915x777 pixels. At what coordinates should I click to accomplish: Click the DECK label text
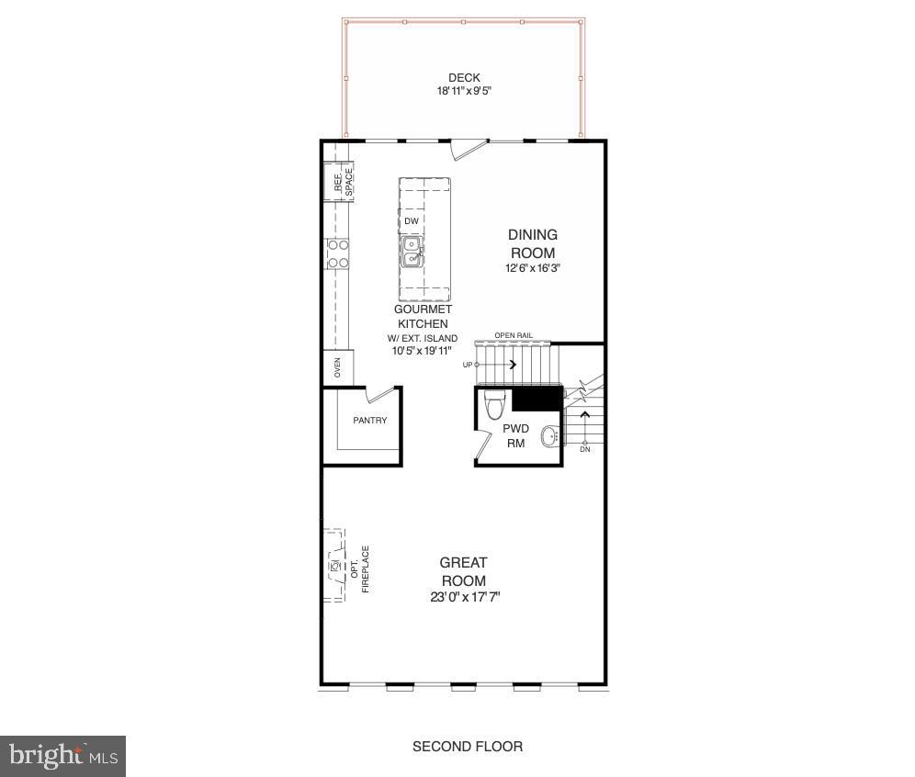464,78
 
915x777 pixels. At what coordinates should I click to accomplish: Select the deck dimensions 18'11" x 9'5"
464,91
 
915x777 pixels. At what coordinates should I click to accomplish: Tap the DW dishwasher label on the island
412,221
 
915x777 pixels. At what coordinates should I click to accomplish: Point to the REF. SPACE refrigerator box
342,182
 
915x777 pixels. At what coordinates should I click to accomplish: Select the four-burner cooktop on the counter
337,253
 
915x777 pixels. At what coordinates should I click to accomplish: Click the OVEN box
337,367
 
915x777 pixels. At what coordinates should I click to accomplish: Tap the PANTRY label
370,421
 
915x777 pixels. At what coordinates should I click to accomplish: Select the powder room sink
549,437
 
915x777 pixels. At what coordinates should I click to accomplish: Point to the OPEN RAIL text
514,335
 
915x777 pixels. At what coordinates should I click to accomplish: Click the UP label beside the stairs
468,365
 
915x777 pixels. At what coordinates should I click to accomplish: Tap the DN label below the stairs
585,449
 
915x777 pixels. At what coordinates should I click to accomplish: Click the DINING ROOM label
533,243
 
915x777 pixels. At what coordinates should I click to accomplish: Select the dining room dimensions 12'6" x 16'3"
533,268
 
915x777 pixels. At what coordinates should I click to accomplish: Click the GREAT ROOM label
464,571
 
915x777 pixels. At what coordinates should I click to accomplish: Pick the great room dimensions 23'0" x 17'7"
464,597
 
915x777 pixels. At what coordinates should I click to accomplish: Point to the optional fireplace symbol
333,566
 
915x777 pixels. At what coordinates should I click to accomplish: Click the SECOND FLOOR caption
468,746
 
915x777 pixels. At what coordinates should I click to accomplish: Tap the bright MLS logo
62,756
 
